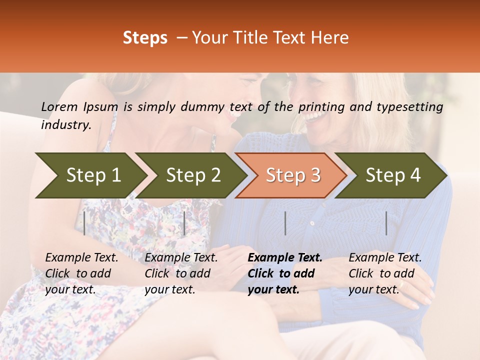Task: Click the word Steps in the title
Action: click(145, 38)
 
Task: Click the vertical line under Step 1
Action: click(84, 223)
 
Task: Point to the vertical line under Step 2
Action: click(184, 223)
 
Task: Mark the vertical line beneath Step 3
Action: click(285, 223)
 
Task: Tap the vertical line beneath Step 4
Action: click(386, 223)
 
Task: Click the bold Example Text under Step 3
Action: click(285, 258)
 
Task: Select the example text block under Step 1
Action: click(81, 273)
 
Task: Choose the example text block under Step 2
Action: click(181, 273)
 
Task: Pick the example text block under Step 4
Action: click(385, 273)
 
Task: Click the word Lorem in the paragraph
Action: click(59, 106)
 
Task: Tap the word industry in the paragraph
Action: click(66, 125)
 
